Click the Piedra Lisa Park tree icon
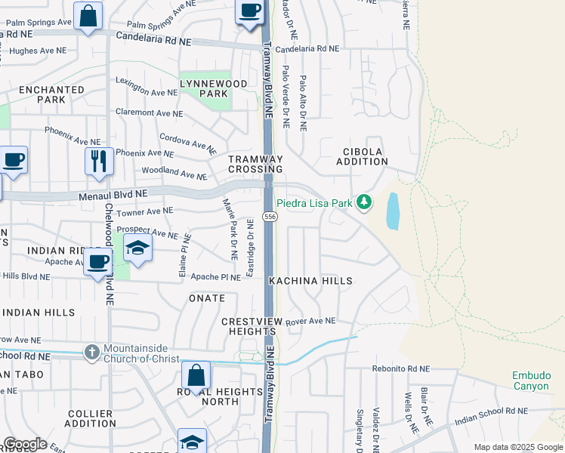[x=365, y=202]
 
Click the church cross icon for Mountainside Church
[x=91, y=352]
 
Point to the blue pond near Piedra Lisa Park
[x=393, y=211]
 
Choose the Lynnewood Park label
[x=204, y=88]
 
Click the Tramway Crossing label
[x=255, y=164]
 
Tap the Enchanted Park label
[x=51, y=94]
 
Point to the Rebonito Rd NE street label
[x=400, y=369]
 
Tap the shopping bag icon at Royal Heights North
[x=196, y=375]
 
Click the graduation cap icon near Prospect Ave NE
[x=137, y=249]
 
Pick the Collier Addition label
[x=91, y=419]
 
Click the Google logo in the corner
[x=24, y=444]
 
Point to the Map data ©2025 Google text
[x=518, y=447]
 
